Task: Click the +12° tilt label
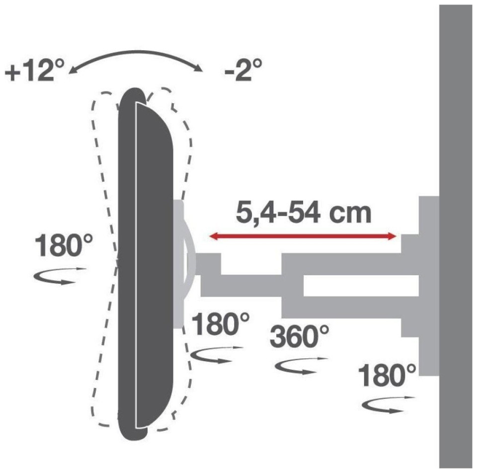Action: pos(35,70)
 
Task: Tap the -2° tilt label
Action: pos(243,70)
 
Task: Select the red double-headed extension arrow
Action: pos(303,236)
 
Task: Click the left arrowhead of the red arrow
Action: pos(213,236)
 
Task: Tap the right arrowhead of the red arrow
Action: pos(393,236)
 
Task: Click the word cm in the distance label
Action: pos(351,213)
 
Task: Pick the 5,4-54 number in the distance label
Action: pos(278,214)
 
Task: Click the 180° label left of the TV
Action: pos(64,246)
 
